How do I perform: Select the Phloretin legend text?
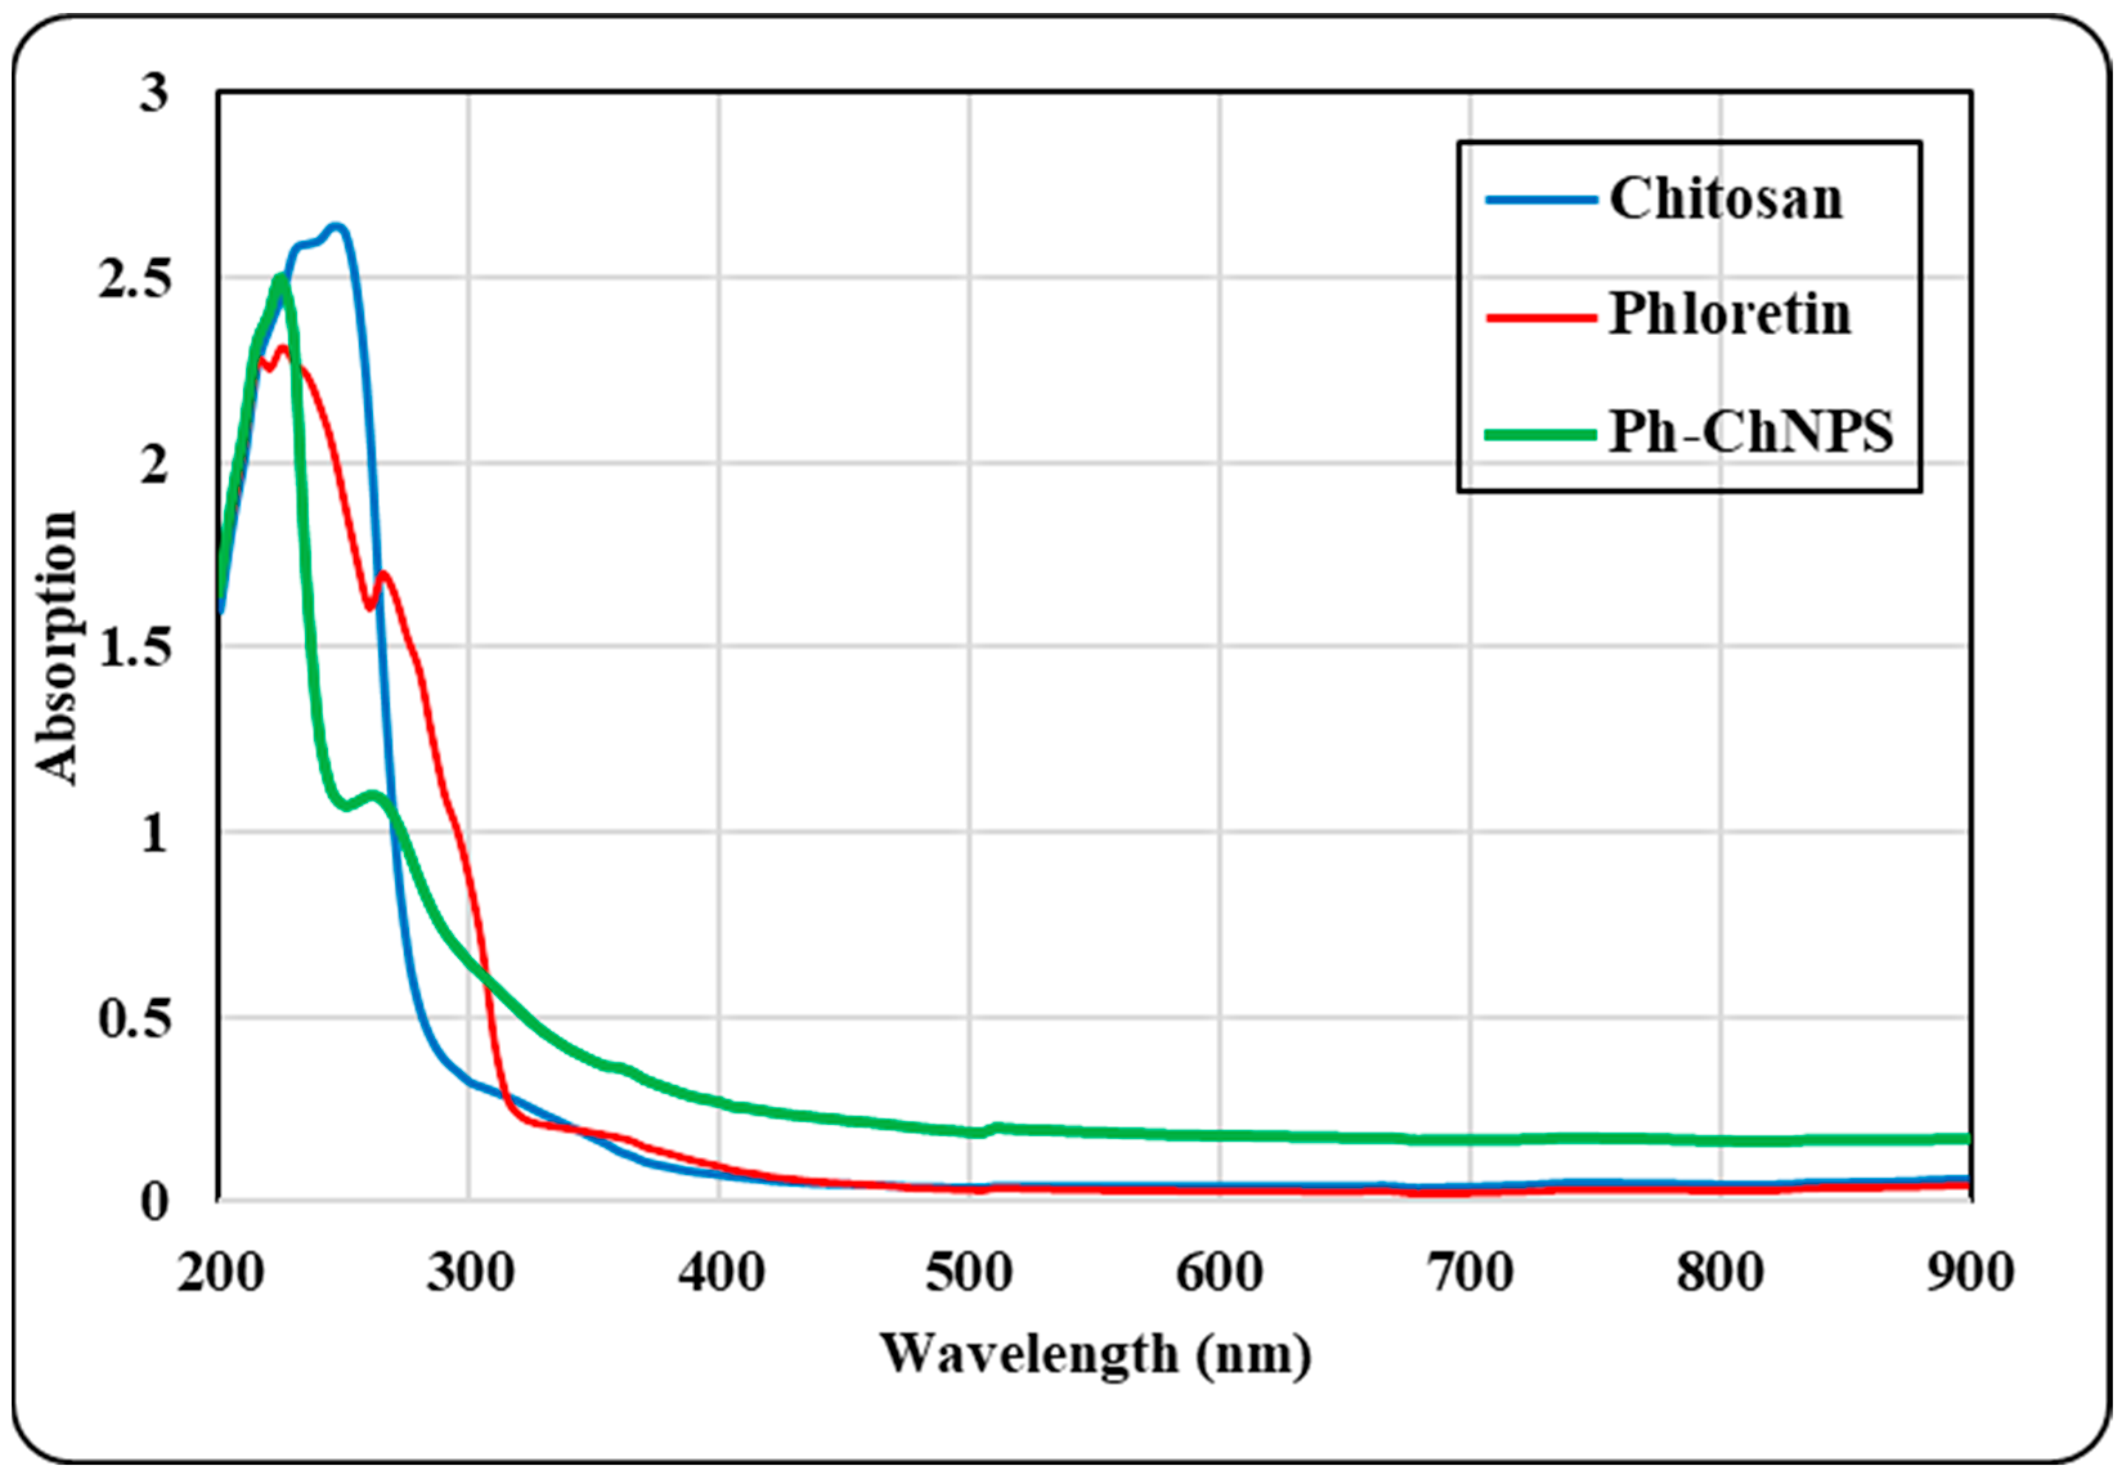(1730, 314)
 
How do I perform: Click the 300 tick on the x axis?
(470, 1273)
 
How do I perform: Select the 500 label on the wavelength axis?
(969, 1273)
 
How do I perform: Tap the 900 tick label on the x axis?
(1970, 1273)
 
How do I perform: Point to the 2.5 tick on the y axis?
(135, 278)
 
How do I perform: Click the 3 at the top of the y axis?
(154, 93)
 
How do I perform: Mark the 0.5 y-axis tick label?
(135, 1018)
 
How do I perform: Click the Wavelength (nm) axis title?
(1095, 1356)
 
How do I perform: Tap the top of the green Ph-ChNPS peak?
(280, 278)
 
